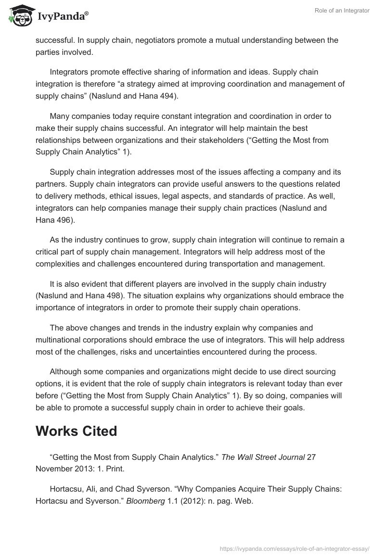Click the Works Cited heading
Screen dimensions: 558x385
click(76, 431)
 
